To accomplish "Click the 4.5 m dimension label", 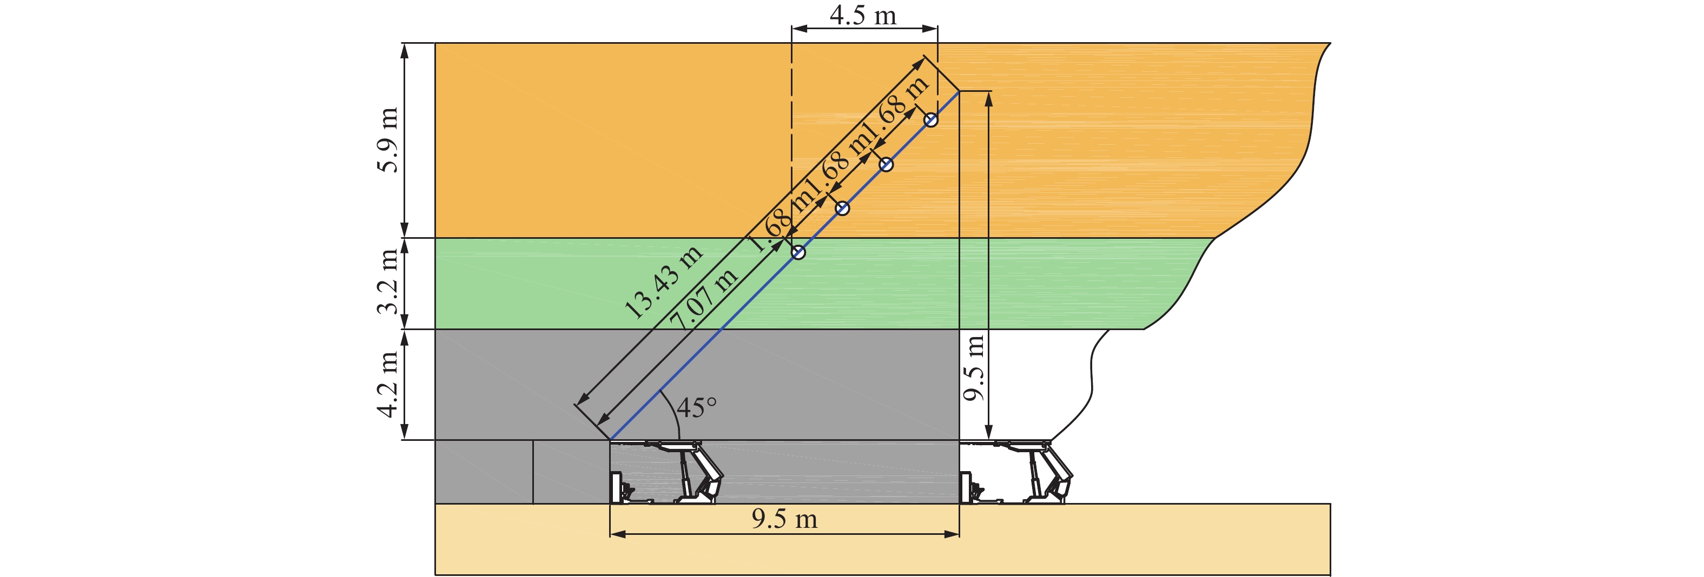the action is click(x=863, y=15).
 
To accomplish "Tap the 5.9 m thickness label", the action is click(x=388, y=139).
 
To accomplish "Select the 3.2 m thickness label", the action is click(x=388, y=282).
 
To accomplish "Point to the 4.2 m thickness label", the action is click(x=388, y=384).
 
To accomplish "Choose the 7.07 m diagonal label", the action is click(x=703, y=299).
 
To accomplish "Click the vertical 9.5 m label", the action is click(x=974, y=368).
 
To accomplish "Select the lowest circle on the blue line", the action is click(x=798, y=252).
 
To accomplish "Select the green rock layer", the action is click(x=820, y=284).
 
